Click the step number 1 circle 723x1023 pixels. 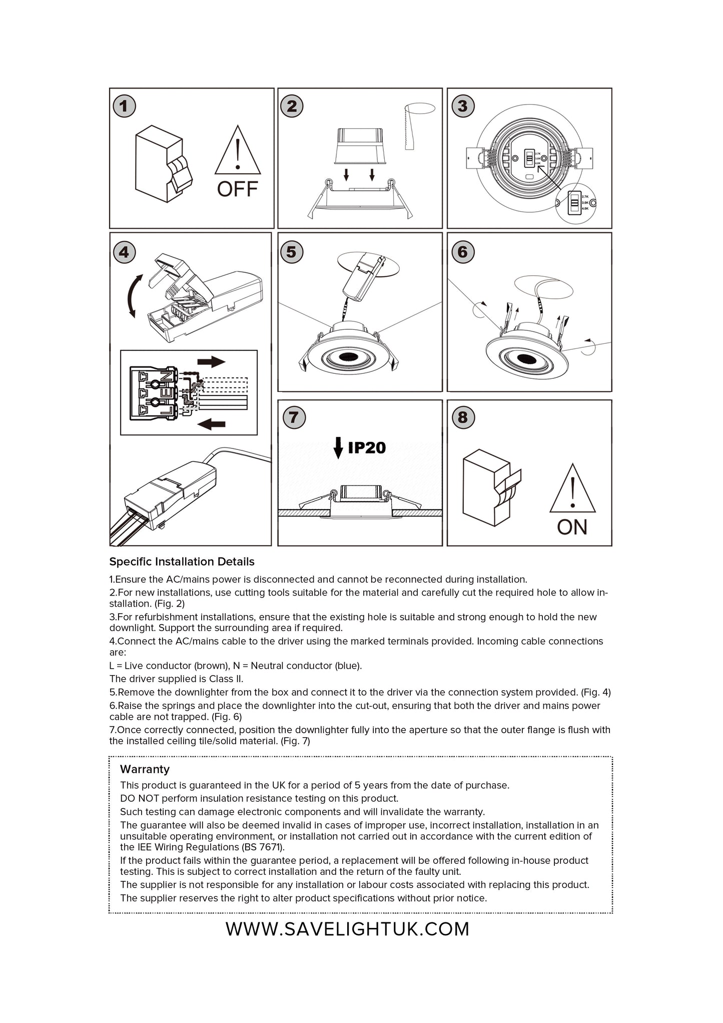coord(124,106)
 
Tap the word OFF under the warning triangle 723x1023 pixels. coord(237,189)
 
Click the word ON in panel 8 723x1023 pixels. coord(572,527)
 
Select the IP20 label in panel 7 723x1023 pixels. coord(367,447)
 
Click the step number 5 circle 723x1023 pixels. coord(291,252)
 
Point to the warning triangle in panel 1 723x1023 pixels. coord(238,151)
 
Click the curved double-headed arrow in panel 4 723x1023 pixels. coord(133,296)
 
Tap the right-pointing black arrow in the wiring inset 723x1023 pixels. coord(211,362)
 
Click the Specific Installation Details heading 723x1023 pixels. coord(182,562)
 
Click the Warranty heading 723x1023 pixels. coord(145,769)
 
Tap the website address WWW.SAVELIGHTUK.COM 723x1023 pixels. coord(347,929)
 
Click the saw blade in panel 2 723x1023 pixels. coord(406,129)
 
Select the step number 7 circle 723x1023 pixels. coord(294,417)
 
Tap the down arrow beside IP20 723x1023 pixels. coord(338,447)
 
